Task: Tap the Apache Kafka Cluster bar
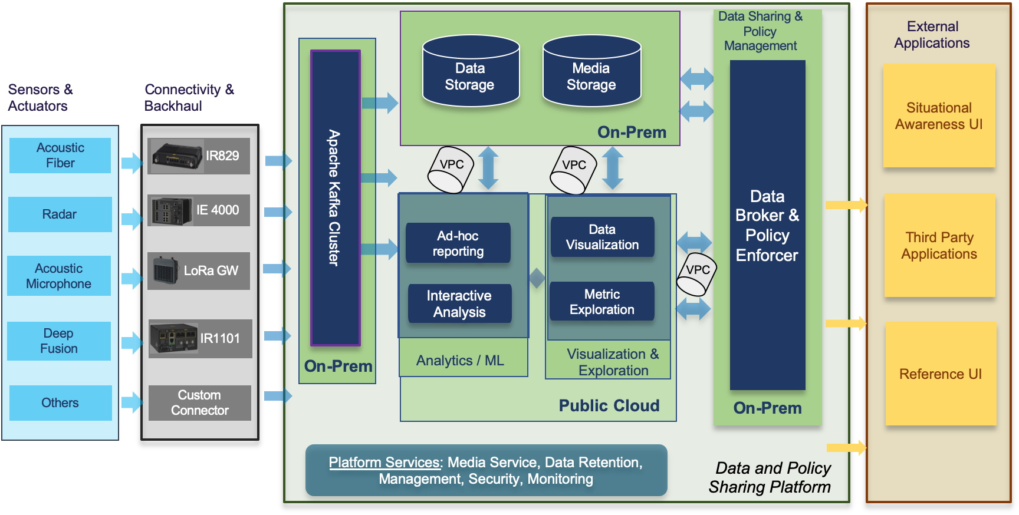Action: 335,197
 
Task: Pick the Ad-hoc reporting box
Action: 458,243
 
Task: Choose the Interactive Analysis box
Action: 459,303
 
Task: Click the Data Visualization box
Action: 602,237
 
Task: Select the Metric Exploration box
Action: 602,302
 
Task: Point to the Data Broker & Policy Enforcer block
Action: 767,225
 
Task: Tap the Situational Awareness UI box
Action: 939,116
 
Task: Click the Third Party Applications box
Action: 939,246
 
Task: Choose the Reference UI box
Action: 941,374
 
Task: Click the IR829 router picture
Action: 177,156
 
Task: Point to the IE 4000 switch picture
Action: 172,211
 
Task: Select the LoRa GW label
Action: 211,271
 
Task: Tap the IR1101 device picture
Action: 173,338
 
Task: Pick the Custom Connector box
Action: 199,403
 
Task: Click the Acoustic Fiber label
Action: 60,156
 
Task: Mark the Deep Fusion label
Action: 58,341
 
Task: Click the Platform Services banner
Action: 486,470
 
